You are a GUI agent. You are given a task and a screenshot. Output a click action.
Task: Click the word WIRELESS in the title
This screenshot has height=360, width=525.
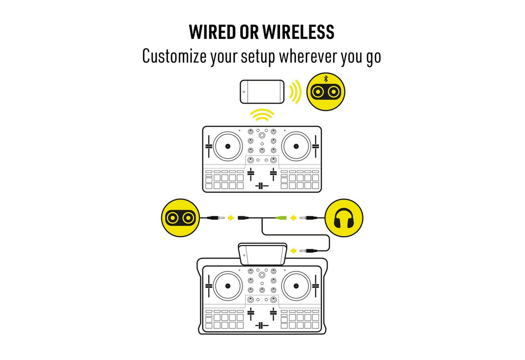click(x=298, y=32)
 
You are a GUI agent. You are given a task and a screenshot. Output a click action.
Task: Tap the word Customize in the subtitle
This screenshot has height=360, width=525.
click(x=175, y=56)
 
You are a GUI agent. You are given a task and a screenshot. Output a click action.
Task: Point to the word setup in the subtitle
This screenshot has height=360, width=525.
click(x=258, y=57)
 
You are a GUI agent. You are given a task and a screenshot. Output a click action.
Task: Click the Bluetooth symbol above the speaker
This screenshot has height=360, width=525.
click(x=326, y=79)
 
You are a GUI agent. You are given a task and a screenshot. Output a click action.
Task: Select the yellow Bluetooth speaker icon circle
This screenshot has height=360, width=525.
click(x=326, y=91)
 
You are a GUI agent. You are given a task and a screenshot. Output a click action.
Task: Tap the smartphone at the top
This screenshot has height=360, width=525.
click(x=262, y=91)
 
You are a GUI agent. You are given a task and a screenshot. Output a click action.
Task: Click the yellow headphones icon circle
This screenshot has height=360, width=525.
click(x=344, y=218)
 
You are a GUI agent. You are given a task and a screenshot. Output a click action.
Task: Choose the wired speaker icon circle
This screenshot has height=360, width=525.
click(x=180, y=218)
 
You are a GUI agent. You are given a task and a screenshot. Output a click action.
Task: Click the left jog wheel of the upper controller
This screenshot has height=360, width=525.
click(x=228, y=146)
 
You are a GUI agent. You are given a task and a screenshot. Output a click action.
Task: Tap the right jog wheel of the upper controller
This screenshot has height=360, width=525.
click(x=296, y=146)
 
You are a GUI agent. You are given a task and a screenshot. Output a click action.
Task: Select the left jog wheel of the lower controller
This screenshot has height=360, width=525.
click(x=228, y=286)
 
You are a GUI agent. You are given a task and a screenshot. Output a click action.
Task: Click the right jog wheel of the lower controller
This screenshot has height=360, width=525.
click(x=296, y=286)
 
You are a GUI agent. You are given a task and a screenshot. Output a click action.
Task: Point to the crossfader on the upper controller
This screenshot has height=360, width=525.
click(x=262, y=186)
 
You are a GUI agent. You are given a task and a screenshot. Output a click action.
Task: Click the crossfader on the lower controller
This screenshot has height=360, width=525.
click(x=262, y=325)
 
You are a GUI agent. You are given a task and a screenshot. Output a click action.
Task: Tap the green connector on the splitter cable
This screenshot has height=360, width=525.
click(x=281, y=218)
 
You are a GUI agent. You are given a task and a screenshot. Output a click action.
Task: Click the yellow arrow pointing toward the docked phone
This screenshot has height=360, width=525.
click(x=293, y=251)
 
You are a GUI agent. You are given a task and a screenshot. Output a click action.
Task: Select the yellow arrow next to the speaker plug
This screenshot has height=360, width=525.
click(x=231, y=218)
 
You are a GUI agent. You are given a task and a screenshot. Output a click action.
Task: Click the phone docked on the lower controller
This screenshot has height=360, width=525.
click(x=262, y=255)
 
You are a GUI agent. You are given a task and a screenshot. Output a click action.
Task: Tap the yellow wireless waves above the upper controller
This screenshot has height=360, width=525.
click(x=262, y=115)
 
